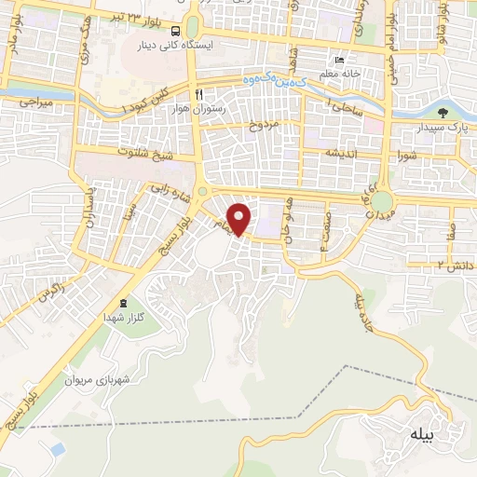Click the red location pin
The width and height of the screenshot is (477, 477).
coord(240,218)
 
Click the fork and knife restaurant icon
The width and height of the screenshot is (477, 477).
coord(198,94)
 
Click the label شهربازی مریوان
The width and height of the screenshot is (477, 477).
coord(94,380)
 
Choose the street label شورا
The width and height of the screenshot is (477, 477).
coord(408,154)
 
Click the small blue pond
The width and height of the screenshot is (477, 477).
coord(58,449)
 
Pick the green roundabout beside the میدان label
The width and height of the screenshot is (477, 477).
coord(382,201)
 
